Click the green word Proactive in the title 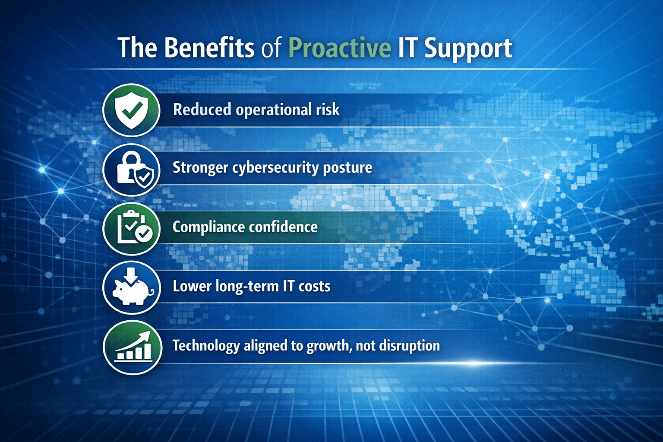(340, 47)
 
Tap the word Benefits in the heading (209, 47)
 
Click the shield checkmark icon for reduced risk (131, 110)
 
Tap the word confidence (283, 227)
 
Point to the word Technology (206, 346)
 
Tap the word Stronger (200, 168)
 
